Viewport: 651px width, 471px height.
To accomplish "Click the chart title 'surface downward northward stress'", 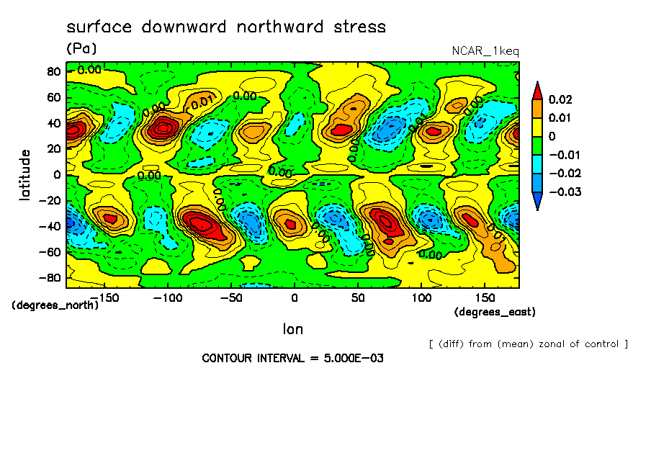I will [x=226, y=27].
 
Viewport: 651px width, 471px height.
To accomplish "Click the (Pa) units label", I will [x=81, y=49].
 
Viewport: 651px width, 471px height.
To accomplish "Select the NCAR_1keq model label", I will [x=485, y=51].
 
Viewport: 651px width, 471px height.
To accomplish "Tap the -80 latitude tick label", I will [x=50, y=278].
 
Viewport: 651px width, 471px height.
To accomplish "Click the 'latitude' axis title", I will [x=25, y=174].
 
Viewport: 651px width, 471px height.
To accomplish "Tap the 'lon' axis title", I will [x=292, y=329].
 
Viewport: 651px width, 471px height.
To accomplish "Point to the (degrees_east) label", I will [x=495, y=312].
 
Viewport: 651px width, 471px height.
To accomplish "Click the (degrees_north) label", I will [x=55, y=305].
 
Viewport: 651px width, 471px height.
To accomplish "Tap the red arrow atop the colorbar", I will [x=536, y=89].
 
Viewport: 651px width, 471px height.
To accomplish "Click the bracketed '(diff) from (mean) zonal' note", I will [x=528, y=344].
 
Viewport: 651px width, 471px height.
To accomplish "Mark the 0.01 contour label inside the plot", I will [x=203, y=102].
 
